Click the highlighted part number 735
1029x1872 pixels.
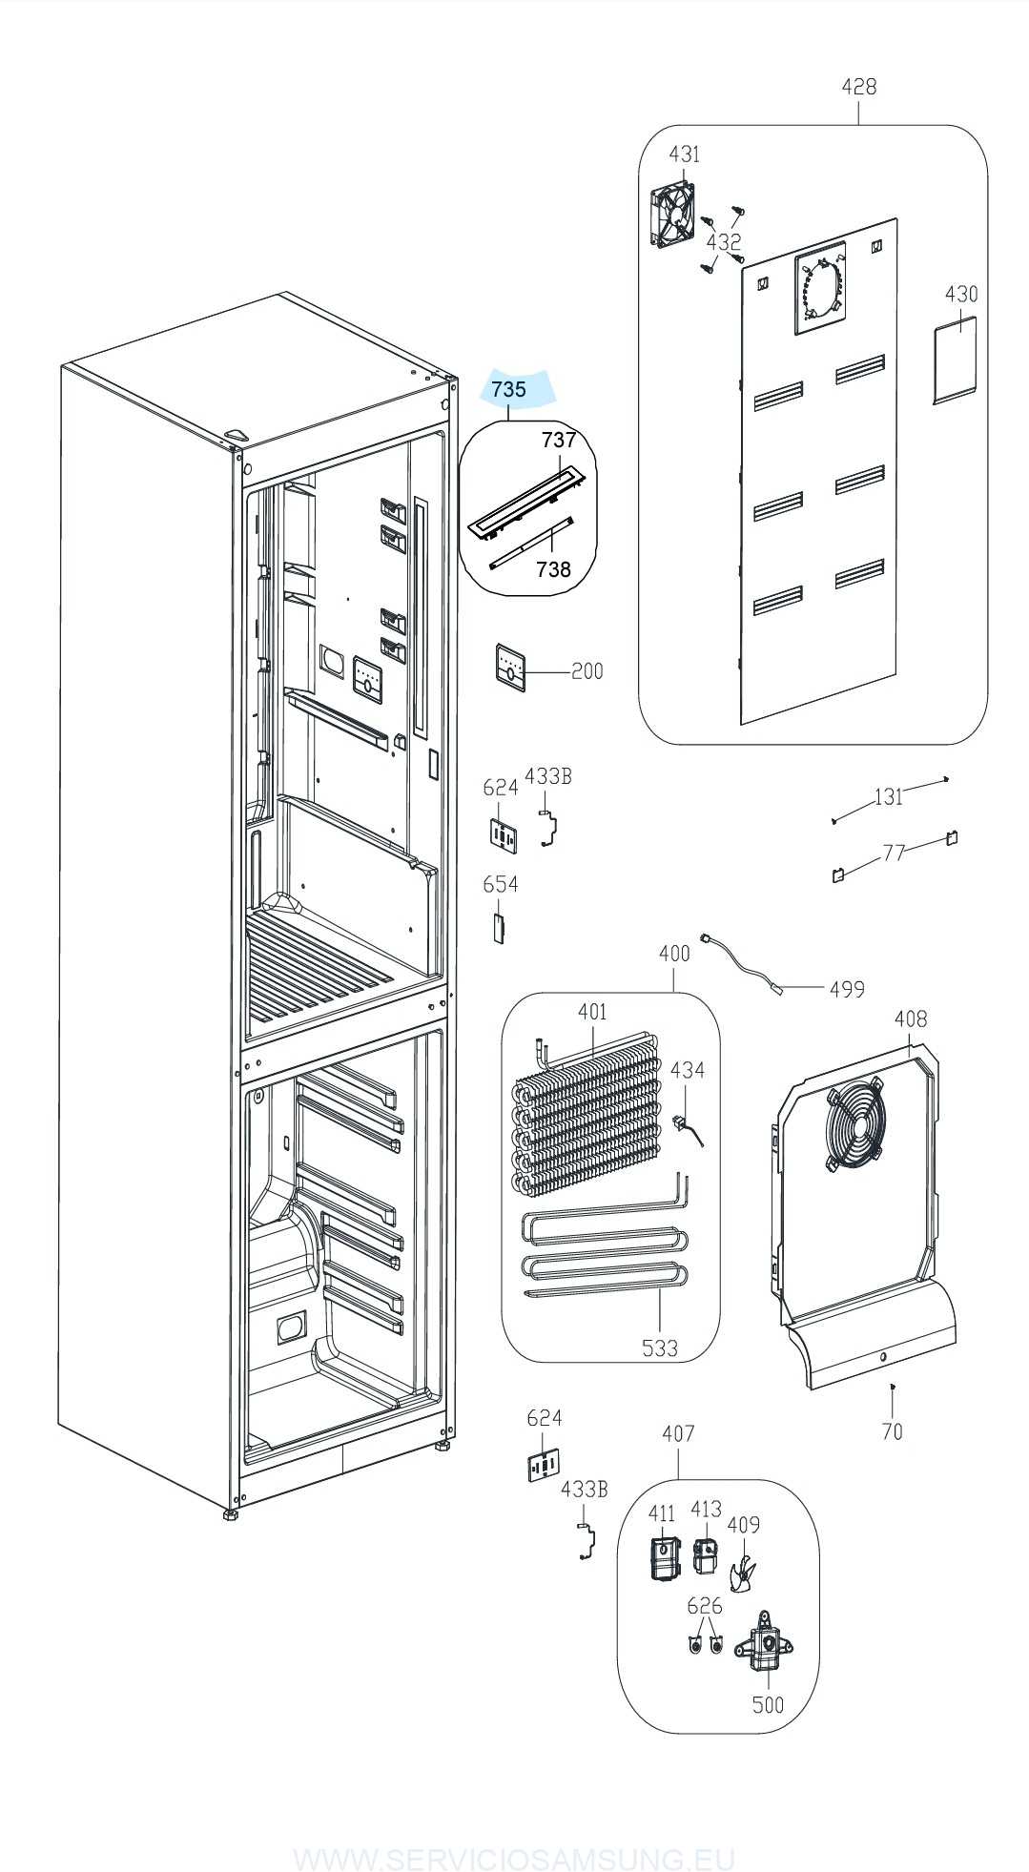tap(509, 389)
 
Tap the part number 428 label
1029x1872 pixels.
tap(858, 87)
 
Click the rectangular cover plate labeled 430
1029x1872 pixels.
tap(955, 360)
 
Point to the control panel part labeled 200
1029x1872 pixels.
tap(512, 665)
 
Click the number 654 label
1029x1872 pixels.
tap(501, 884)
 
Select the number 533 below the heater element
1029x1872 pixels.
tap(659, 1347)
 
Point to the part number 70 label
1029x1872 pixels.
tap(892, 1430)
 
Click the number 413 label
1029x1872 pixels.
tap(706, 1509)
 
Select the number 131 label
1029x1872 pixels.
tap(888, 796)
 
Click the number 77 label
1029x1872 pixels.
tap(894, 852)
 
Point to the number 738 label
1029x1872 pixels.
tap(553, 569)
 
